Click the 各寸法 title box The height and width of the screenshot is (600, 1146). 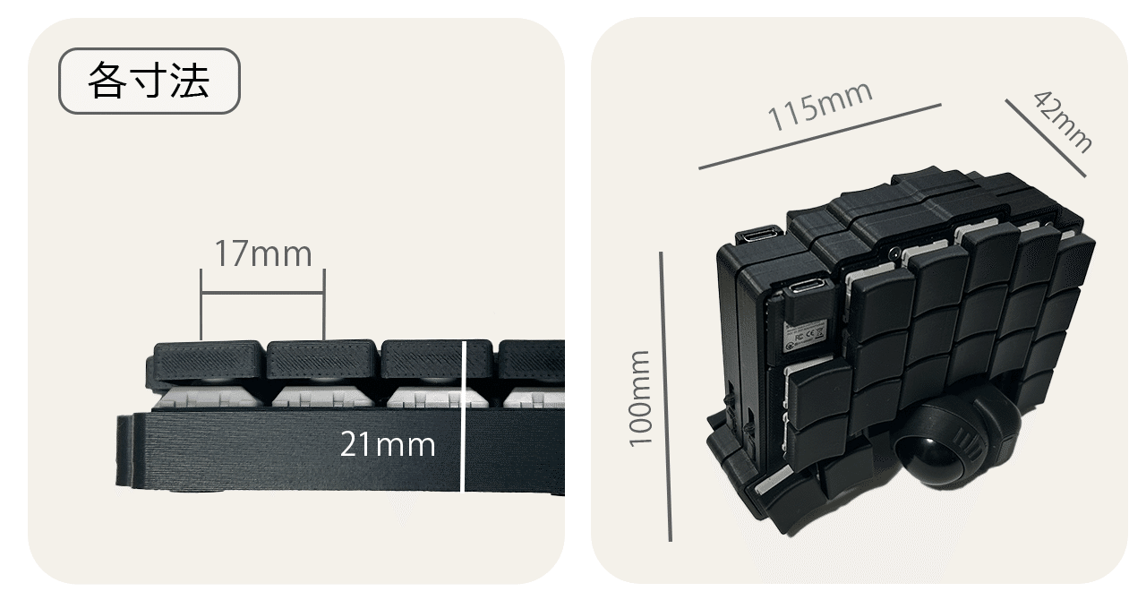click(149, 81)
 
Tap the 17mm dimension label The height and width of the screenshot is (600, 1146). click(262, 254)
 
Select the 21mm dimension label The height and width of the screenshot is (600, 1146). click(387, 444)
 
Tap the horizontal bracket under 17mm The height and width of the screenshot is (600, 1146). click(262, 294)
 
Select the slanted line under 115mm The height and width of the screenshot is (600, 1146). click(819, 136)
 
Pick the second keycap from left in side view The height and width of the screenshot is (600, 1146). click(321, 360)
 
